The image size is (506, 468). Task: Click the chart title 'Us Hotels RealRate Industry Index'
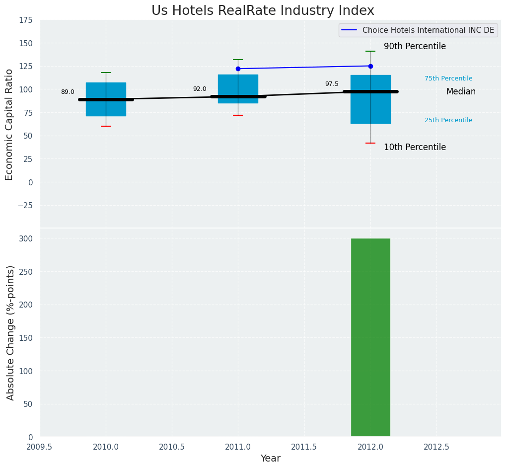pyautogui.click(x=263, y=11)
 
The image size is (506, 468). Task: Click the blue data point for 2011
pyautogui.click(x=238, y=69)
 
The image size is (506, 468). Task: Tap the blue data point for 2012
pyautogui.click(x=370, y=66)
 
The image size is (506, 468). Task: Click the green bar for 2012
pyautogui.click(x=370, y=337)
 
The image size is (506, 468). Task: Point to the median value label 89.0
pyautogui.click(x=68, y=92)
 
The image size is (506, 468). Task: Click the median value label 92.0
pyautogui.click(x=200, y=89)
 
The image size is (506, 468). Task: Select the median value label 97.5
pyautogui.click(x=332, y=84)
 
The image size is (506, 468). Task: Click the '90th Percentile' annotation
pyautogui.click(x=415, y=47)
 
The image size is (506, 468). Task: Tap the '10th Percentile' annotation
pyautogui.click(x=415, y=148)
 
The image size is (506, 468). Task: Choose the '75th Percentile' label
pyautogui.click(x=448, y=78)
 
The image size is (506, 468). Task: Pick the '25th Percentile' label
pyautogui.click(x=448, y=120)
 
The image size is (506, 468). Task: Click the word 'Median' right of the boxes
pyautogui.click(x=461, y=92)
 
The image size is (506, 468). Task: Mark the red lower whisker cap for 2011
pyautogui.click(x=238, y=115)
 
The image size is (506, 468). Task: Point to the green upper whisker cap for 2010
pyautogui.click(x=106, y=73)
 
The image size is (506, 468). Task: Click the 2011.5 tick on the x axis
pyautogui.click(x=304, y=447)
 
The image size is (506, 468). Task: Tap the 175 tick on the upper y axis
pyautogui.click(x=26, y=20)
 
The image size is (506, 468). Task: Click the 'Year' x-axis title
pyautogui.click(x=271, y=459)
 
